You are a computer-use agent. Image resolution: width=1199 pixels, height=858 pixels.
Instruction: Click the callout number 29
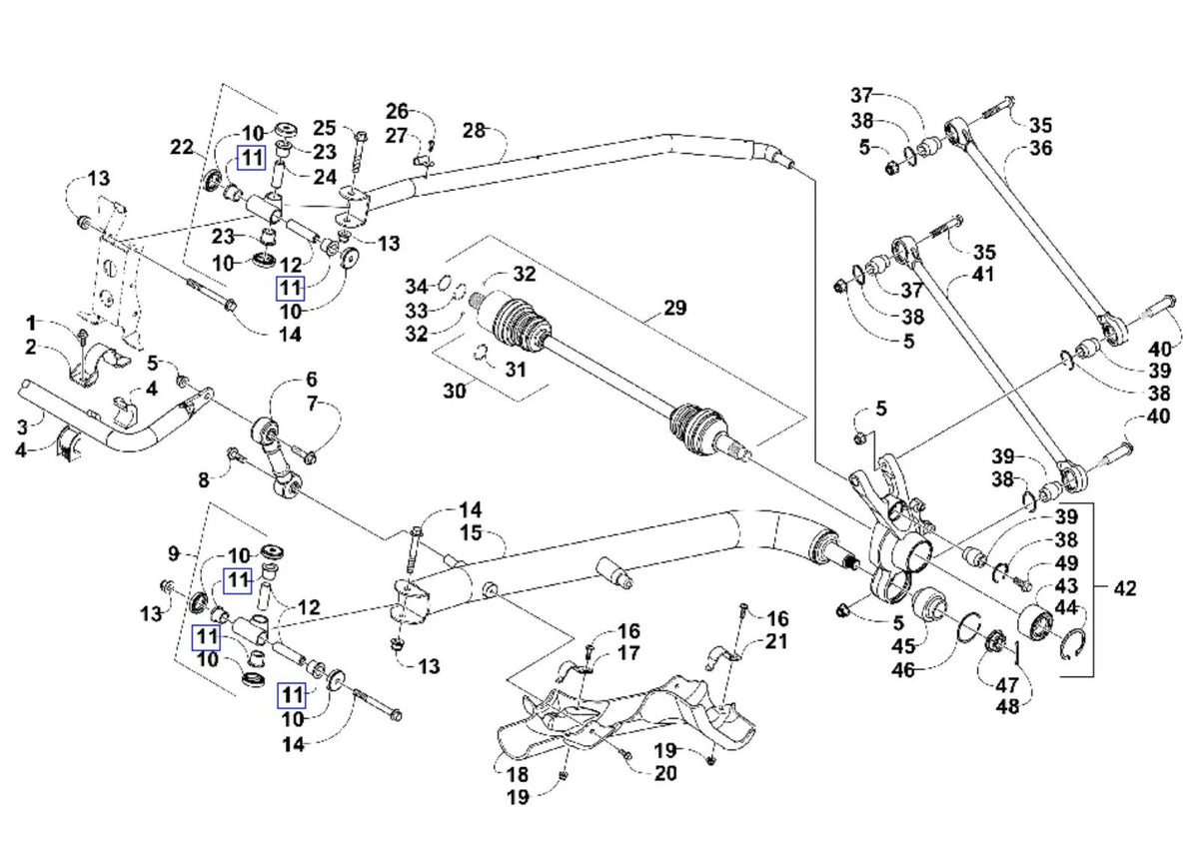point(674,308)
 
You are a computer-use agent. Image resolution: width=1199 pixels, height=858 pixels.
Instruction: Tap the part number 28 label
point(474,131)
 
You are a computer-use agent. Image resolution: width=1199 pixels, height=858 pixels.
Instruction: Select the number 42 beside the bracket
point(1125,588)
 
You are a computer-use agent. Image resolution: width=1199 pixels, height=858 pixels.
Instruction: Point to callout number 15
point(471,533)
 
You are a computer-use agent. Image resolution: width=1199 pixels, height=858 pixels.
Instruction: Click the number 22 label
point(182,147)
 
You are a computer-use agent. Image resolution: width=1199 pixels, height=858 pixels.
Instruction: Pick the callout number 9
point(174,554)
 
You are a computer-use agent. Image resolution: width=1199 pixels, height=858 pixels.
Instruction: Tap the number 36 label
point(1041,148)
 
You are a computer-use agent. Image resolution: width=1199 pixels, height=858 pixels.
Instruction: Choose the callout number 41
point(982,275)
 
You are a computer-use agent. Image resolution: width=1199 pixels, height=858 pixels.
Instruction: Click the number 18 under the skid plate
point(518,774)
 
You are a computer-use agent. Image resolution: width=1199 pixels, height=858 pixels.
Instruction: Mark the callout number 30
point(455,392)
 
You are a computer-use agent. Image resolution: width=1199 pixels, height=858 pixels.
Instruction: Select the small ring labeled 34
point(445,282)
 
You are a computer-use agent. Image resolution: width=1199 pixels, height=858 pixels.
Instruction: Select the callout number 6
point(312,380)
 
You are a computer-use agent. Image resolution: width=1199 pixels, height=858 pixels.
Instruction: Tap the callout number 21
point(776,641)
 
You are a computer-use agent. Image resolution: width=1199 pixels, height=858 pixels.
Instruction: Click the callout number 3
point(22,428)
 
